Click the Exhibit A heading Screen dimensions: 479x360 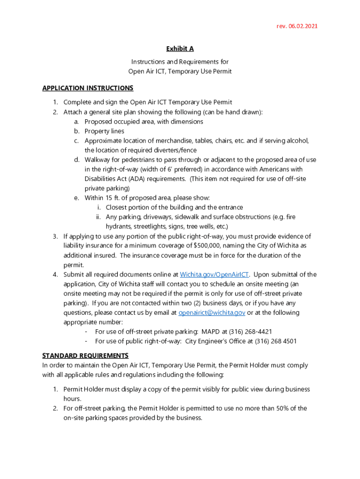click(180, 49)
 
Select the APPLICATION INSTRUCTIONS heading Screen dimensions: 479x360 click(87, 88)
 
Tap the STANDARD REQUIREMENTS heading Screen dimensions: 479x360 click(85, 356)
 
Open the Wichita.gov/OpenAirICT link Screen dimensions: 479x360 click(215, 275)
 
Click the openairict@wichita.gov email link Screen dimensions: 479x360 click(212, 312)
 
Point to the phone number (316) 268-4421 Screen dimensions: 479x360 click(249, 332)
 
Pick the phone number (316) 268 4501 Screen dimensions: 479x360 click(275, 341)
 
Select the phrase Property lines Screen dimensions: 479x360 click(104, 131)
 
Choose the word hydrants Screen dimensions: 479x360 click(119, 226)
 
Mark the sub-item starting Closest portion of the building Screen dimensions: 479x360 click(174, 207)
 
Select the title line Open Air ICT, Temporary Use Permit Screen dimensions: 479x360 click(180, 72)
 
